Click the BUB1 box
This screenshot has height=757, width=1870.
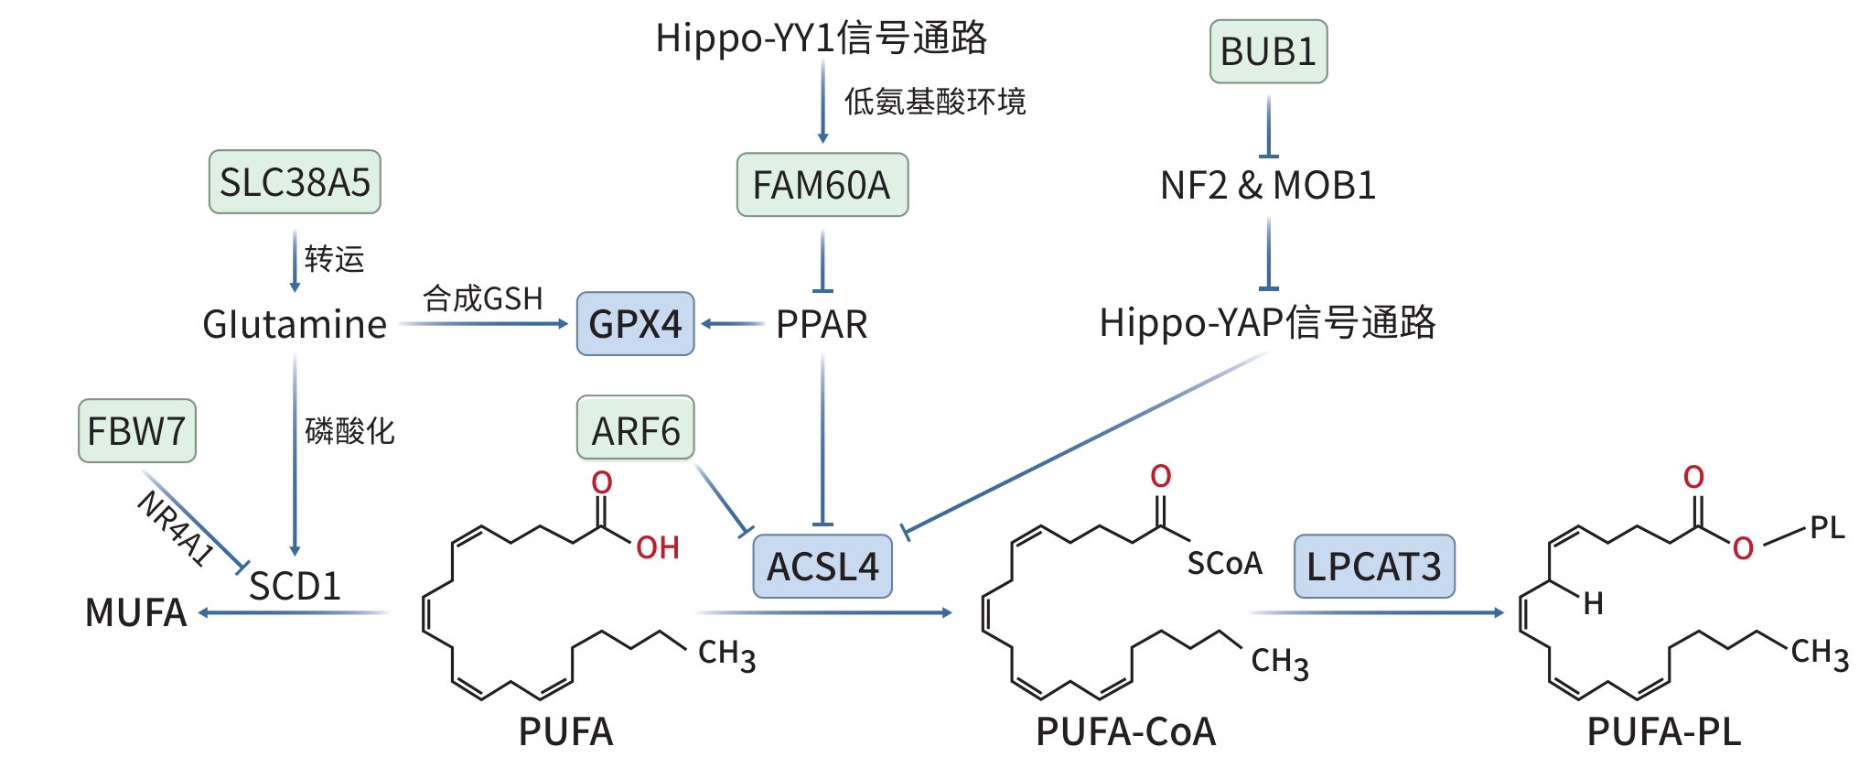click(1268, 52)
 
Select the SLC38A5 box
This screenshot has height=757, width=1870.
click(295, 182)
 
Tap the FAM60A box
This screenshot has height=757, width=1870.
click(822, 185)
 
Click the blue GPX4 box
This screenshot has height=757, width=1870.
click(635, 324)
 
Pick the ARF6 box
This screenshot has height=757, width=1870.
click(635, 430)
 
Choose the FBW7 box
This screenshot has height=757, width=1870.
click(136, 430)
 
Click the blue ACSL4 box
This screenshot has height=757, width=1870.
click(822, 567)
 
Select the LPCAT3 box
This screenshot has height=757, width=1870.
click(1373, 567)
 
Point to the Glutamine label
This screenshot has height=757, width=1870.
click(295, 325)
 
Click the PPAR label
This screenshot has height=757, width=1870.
click(822, 325)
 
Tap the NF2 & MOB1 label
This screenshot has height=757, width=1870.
click(1268, 186)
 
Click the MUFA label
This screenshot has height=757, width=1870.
click(135, 612)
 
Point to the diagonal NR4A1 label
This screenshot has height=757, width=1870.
click(176, 528)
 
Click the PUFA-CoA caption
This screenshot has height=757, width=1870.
click(1125, 731)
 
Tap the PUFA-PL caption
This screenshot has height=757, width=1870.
click(1663, 731)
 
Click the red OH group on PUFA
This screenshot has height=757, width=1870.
click(658, 547)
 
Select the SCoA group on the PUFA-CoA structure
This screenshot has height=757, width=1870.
click(1224, 563)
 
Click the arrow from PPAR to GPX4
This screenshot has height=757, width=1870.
click(733, 324)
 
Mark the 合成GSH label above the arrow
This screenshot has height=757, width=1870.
click(483, 298)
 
